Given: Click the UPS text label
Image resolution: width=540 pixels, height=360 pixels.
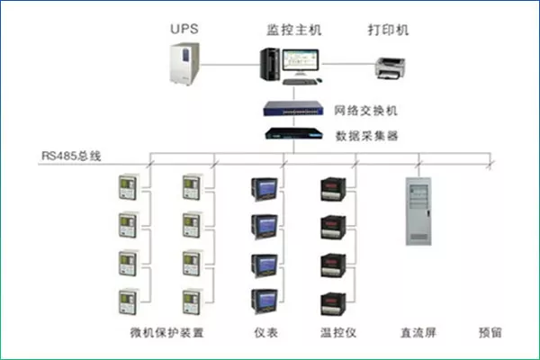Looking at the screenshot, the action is point(184,29).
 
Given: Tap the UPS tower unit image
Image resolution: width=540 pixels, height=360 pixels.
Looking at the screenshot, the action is point(184,63).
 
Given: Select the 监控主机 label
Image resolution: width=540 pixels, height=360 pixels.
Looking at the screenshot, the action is point(293,30).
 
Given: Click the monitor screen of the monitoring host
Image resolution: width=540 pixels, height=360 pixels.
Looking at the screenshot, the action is point(301,60).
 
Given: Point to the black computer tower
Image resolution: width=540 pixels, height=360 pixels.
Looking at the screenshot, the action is point(270,65).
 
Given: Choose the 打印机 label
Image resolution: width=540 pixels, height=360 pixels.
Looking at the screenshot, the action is point(388,30).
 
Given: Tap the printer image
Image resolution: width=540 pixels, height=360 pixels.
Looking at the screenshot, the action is point(390,68).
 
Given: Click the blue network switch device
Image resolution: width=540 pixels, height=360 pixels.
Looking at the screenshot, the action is point(293,108).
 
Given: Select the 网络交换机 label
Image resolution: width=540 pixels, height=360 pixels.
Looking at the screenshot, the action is point(365,110).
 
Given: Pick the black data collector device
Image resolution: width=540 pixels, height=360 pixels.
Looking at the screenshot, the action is point(293,133).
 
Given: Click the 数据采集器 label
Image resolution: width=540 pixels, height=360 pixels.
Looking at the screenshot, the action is point(367,136).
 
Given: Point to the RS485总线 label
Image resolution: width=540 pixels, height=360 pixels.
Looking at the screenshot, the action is point(71,156).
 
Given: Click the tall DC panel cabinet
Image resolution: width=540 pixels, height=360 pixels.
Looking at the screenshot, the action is point(418,211).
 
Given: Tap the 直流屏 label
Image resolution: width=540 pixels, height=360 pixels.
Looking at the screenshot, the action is point(418,332).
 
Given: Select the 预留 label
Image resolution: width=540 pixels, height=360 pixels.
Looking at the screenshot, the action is point(490,332).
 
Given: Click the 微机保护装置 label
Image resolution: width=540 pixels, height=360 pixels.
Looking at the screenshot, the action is point(167,332).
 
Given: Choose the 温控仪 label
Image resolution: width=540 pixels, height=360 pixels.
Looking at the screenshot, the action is point(338,332).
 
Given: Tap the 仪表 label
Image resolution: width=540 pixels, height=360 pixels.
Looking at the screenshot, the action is point(265,332).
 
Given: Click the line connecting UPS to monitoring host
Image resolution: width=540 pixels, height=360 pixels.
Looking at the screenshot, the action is point(229,65).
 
